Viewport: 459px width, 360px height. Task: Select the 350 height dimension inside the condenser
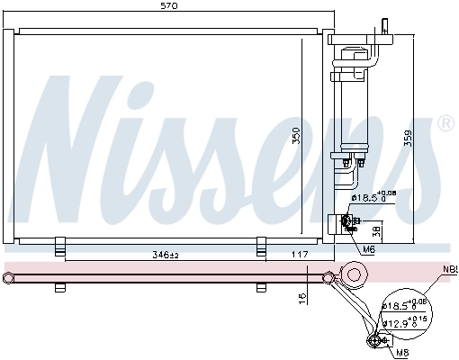pyautogui.click(x=296, y=135)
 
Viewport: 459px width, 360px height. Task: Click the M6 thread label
pyautogui.click(x=369, y=249)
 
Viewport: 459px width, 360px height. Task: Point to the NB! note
pyautogui.click(x=448, y=268)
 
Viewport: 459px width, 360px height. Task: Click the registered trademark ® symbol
pyautogui.click(x=445, y=122)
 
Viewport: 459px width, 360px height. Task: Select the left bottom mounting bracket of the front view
pyautogui.click(x=60, y=246)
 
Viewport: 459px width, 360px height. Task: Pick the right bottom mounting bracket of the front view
pyautogui.click(x=262, y=246)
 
